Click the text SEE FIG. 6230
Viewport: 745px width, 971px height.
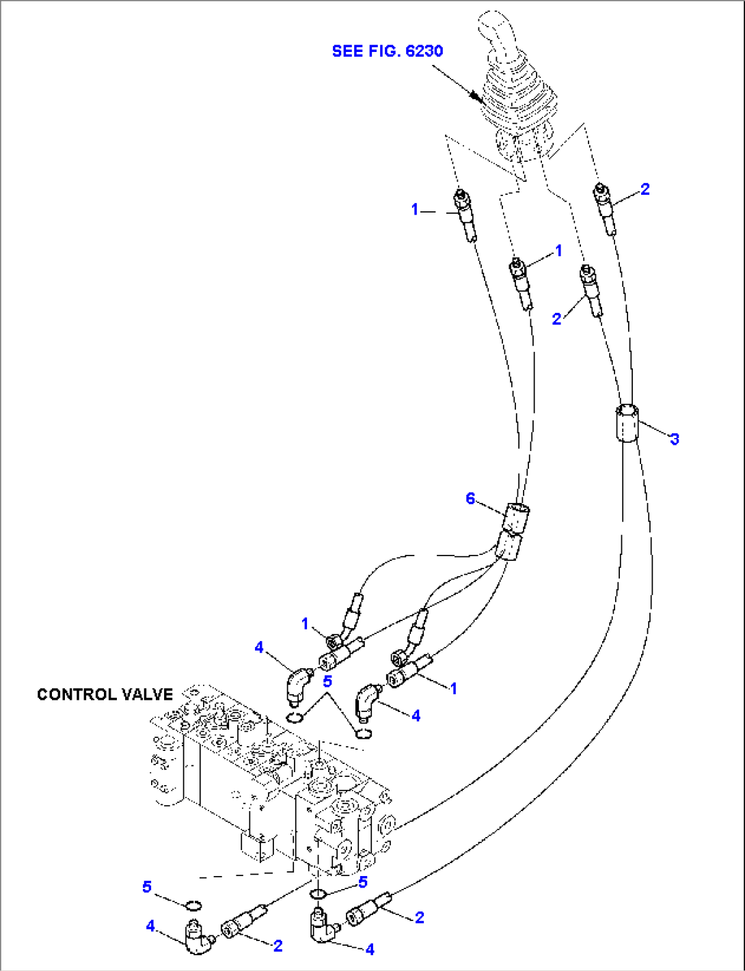point(387,51)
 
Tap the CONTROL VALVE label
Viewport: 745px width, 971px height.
point(105,694)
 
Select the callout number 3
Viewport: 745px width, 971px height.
point(674,439)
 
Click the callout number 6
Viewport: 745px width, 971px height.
point(470,498)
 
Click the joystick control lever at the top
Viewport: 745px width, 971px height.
point(517,96)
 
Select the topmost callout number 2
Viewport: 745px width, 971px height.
point(645,189)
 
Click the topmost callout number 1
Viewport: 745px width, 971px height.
point(415,210)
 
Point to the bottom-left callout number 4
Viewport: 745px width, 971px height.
point(150,926)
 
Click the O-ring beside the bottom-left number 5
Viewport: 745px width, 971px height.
point(193,906)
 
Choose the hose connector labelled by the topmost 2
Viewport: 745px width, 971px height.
point(606,208)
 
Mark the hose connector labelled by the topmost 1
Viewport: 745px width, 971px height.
point(465,215)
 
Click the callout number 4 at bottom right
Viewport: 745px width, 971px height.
point(370,949)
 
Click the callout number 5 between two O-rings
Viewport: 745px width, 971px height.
point(327,681)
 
